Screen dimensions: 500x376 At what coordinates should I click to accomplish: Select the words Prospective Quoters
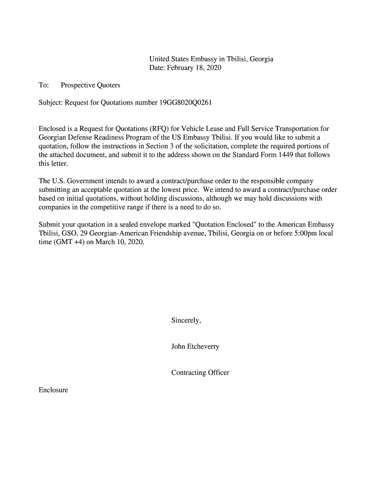click(x=90, y=85)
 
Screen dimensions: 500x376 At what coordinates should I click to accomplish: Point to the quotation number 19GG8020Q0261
click(x=186, y=103)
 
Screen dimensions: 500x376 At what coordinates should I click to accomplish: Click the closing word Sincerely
click(x=186, y=320)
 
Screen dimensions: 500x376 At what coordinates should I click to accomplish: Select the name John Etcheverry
click(x=195, y=347)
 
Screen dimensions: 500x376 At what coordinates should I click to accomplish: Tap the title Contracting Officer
click(x=200, y=373)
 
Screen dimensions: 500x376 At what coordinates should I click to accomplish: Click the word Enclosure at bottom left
click(x=53, y=390)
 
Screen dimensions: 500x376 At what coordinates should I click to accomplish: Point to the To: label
click(x=43, y=85)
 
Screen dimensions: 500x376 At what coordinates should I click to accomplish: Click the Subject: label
click(x=51, y=103)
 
